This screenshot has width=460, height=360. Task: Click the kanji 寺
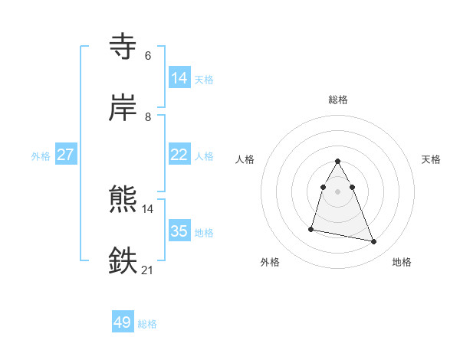[123, 47]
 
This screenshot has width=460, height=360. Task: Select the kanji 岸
[123, 108]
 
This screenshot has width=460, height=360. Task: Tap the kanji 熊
[123, 200]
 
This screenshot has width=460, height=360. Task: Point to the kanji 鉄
[123, 261]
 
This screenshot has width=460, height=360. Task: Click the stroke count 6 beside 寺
[147, 56]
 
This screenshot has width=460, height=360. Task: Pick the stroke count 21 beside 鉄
[147, 270]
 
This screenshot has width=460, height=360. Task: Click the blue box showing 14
[179, 78]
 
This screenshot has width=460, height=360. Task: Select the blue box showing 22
[179, 155]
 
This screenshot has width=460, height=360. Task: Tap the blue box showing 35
[179, 231]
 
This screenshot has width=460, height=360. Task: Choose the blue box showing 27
[66, 155]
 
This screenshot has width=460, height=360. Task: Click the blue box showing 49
[123, 323]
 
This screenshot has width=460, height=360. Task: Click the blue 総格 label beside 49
[148, 324]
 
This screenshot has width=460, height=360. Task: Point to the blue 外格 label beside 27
[41, 155]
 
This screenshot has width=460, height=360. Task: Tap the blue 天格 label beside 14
[204, 79]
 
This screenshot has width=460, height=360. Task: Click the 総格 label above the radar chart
[338, 100]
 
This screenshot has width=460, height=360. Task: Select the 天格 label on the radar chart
[432, 159]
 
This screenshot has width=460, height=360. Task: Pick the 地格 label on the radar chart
[402, 262]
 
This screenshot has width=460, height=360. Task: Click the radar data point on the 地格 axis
[374, 242]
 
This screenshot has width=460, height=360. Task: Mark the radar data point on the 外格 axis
[311, 229]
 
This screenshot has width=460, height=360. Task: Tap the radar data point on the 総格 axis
[338, 161]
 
